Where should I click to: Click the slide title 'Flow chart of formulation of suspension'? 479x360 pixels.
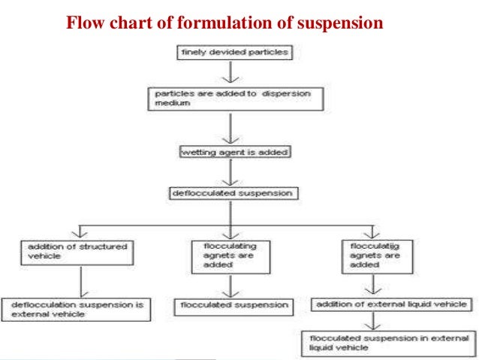(225, 23)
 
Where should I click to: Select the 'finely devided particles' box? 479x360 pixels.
(230, 53)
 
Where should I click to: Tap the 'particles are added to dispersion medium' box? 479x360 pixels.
(236, 98)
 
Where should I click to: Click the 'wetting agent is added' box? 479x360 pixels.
(234, 152)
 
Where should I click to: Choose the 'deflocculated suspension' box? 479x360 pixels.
(230, 194)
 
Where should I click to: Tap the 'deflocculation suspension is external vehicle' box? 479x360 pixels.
(77, 309)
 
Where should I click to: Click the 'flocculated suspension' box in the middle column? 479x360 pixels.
(233, 305)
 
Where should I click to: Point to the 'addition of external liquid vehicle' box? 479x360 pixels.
(390, 304)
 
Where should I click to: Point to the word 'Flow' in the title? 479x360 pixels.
(83, 23)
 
